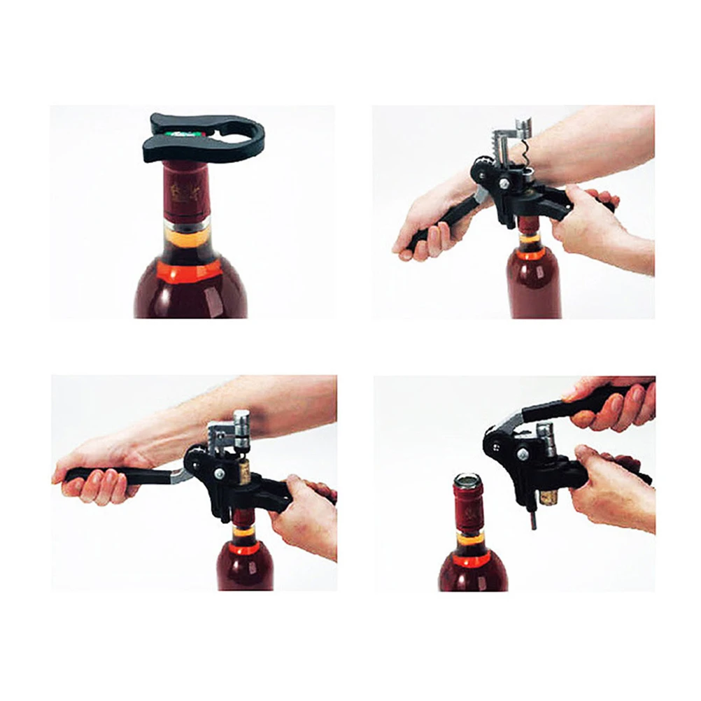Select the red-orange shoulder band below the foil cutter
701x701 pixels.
pyautogui.click(x=190, y=269)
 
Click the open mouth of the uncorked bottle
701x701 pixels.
pyautogui.click(x=467, y=479)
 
